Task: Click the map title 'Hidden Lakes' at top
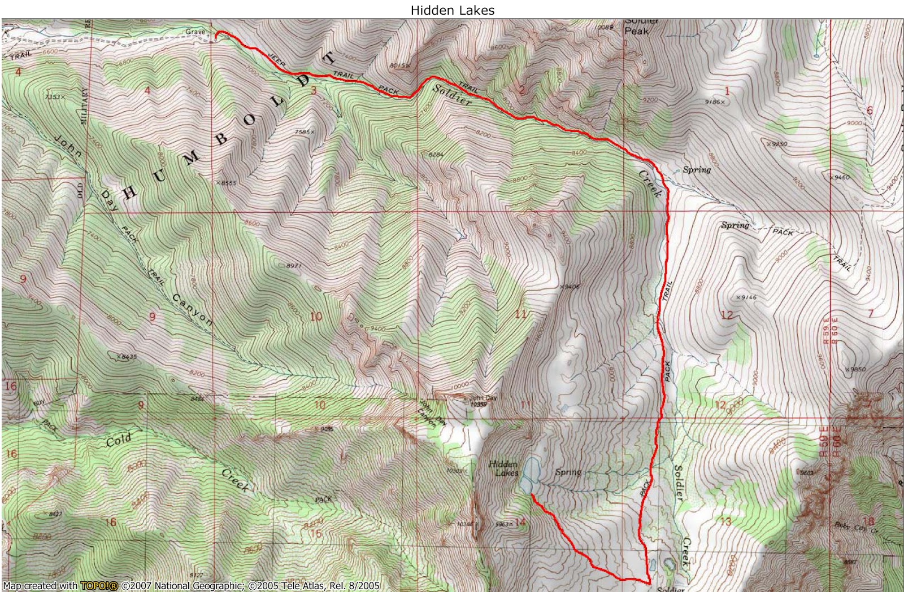point(452,10)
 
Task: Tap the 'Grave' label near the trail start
point(195,32)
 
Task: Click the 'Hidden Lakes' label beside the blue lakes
point(503,468)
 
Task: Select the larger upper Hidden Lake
point(531,468)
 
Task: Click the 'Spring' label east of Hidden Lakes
point(568,472)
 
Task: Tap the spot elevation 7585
point(305,132)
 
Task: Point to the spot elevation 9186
point(714,102)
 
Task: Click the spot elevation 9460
point(840,177)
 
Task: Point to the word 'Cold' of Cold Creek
point(119,440)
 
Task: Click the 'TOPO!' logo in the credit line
point(99,586)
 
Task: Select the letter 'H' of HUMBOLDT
point(130,192)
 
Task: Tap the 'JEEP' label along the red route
point(276,59)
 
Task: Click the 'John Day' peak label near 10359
point(483,398)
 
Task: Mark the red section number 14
point(520,522)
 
